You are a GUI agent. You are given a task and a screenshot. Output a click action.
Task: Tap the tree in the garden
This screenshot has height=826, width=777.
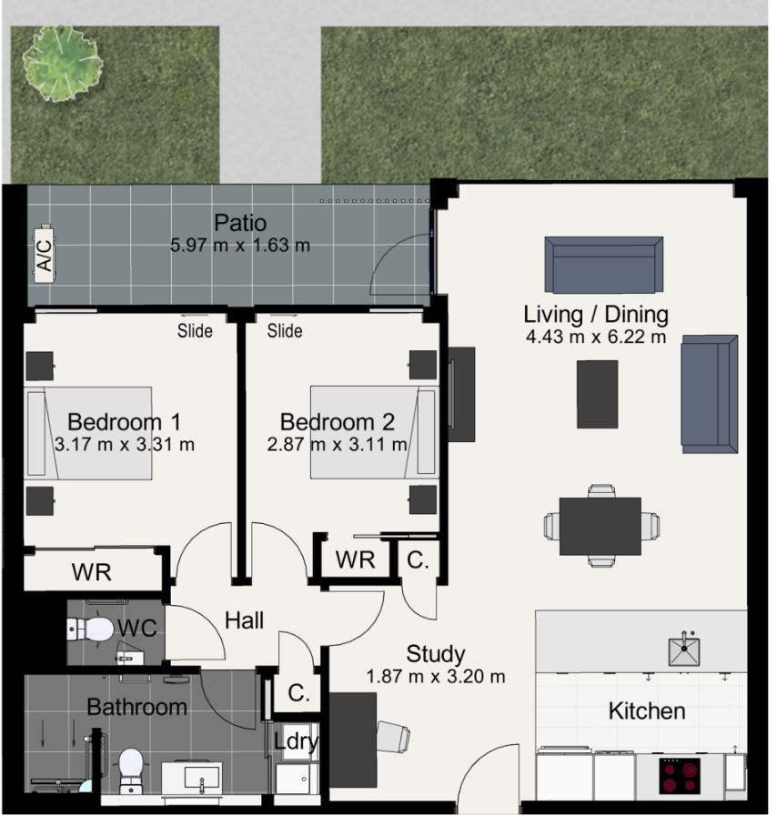pos(63,64)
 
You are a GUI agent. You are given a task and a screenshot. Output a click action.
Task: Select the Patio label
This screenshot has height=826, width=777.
pos(242,225)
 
